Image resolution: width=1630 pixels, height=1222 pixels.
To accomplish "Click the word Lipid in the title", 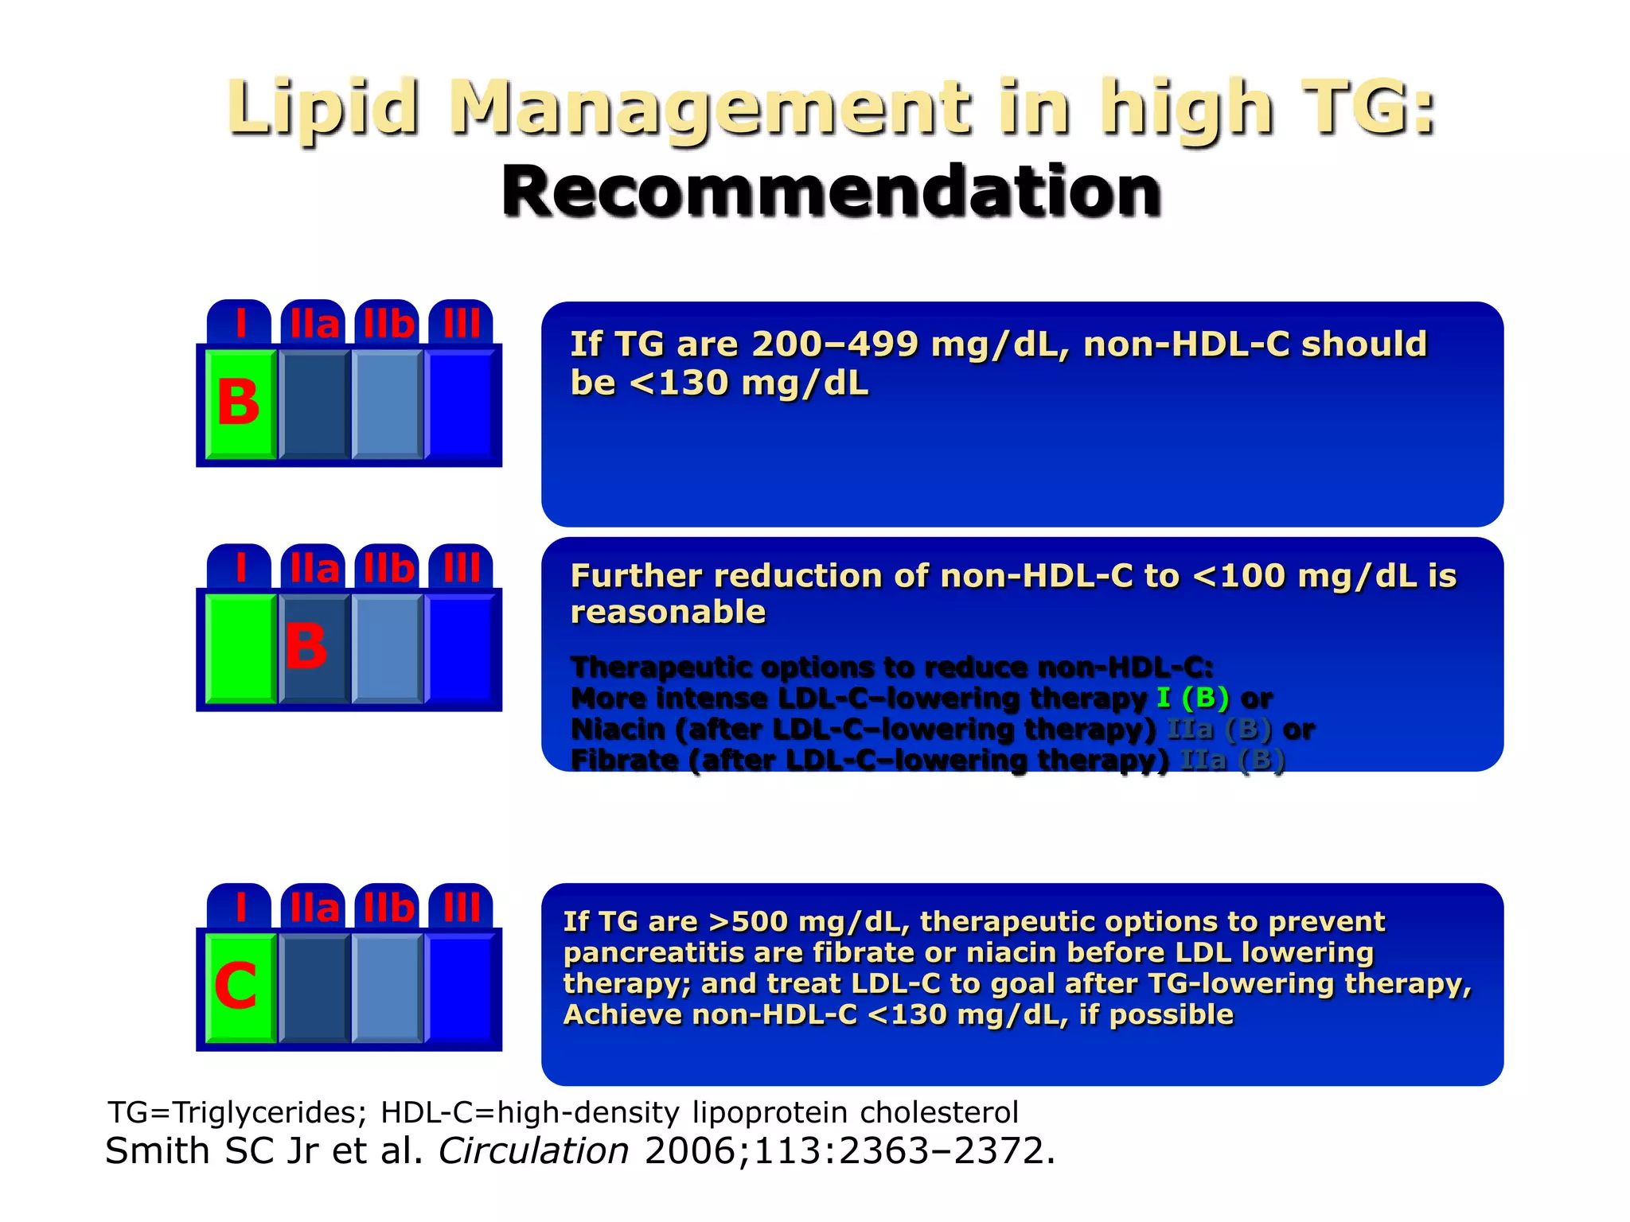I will (322, 107).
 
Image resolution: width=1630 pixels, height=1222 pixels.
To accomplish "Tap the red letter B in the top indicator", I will (238, 403).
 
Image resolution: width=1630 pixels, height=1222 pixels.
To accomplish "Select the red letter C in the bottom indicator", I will (236, 986).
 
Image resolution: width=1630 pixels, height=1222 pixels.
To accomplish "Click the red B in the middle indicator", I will (306, 646).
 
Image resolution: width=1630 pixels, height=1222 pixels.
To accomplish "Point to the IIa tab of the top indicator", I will (314, 325).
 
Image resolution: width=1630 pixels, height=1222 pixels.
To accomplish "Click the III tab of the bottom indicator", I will (462, 908).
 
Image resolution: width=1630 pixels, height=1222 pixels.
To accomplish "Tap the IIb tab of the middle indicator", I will (388, 569).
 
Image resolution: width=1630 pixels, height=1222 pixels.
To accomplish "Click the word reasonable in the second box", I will (668, 613).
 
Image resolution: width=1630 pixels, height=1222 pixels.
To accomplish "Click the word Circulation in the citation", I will (533, 1151).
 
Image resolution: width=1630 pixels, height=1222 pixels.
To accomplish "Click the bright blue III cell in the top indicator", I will (461, 404).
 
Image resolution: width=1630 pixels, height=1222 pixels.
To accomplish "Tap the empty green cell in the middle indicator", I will (240, 648).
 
